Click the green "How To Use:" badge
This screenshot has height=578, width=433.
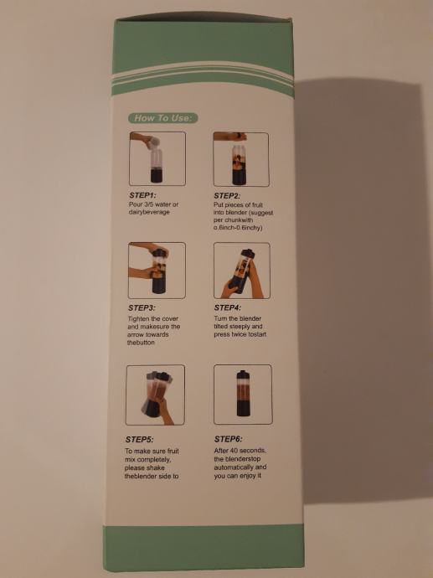coord(162,118)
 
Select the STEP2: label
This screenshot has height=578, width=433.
coord(227,196)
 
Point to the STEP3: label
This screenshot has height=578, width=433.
coord(142,307)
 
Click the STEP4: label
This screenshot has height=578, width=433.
coord(227,307)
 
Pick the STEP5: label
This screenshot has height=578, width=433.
coord(139,440)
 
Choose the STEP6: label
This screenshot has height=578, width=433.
coord(229,439)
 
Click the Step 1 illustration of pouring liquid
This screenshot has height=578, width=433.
coord(157,158)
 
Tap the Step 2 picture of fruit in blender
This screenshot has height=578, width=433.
coord(241,159)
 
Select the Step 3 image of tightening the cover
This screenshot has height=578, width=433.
coord(157,271)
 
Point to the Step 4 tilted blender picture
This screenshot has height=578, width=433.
coord(242,271)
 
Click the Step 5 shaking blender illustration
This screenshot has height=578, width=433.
coord(155,395)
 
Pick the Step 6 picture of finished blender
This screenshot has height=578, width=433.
coord(243,394)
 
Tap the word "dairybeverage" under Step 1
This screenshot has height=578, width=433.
coord(149,212)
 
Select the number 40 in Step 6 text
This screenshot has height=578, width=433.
coord(234,451)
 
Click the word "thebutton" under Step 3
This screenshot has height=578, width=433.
coord(141,343)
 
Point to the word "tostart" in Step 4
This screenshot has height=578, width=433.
coord(256,334)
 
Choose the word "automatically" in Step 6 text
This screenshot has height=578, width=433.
coord(234,467)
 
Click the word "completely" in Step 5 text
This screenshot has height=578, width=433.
coord(153,460)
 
